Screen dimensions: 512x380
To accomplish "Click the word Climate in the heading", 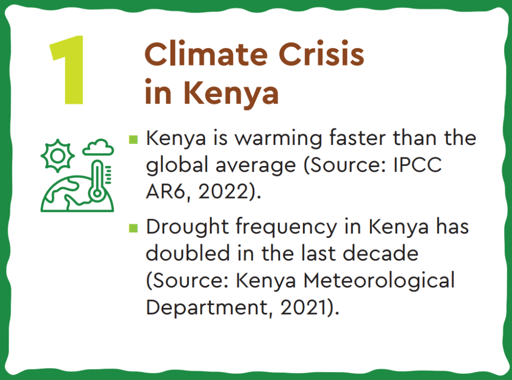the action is (x=206, y=53).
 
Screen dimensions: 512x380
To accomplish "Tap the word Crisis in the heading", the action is (x=321, y=53).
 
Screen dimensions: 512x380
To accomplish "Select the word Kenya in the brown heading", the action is (x=231, y=93).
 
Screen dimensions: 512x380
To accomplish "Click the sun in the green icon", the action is (x=58, y=155).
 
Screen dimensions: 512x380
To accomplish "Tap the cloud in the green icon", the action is (x=98, y=147).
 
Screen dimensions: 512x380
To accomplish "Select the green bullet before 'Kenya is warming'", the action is (x=133, y=139).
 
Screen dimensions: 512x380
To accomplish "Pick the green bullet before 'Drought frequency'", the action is (x=133, y=228).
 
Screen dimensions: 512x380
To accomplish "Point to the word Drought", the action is (x=187, y=227).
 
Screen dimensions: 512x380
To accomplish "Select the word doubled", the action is (x=188, y=253).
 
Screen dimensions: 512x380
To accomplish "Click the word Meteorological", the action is (x=379, y=280).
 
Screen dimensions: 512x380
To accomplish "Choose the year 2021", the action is (x=303, y=307).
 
